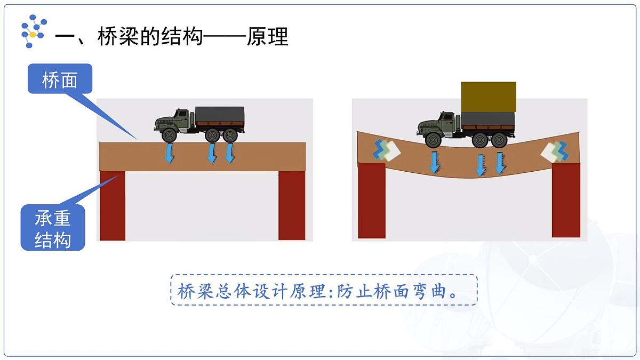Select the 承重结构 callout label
pyautogui.click(x=53, y=229)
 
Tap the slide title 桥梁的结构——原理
pyautogui.click(x=172, y=37)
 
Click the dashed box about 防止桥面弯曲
pyautogui.click(x=324, y=290)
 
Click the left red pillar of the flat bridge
pyautogui.click(x=113, y=206)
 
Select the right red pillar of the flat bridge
pyautogui.click(x=292, y=206)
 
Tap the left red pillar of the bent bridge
pyautogui.click(x=372, y=201)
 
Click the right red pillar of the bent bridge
pyautogui.click(x=566, y=199)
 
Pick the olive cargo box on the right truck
pyautogui.click(x=489, y=97)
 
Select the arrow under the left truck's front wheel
pyautogui.click(x=169, y=153)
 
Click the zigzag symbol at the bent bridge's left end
pyautogui.click(x=386, y=150)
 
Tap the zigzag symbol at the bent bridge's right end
pyautogui.click(x=555, y=151)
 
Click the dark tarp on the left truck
pyautogui.click(x=220, y=115)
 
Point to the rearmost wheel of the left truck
pyautogui.click(x=230, y=135)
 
